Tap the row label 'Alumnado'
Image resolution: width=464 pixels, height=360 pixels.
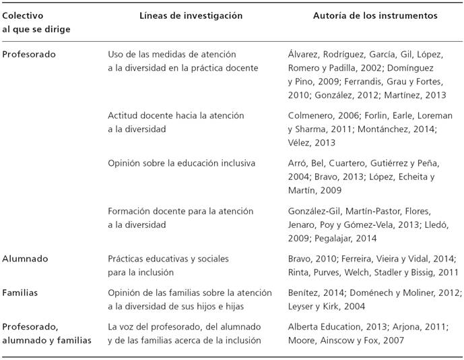point(26,258)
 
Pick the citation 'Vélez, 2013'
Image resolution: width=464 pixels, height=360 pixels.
point(311,143)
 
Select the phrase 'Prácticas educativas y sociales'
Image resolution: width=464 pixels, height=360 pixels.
point(169,258)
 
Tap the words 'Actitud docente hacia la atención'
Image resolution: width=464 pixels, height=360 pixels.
point(176,116)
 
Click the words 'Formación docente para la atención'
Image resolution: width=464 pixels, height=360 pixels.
point(180,211)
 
